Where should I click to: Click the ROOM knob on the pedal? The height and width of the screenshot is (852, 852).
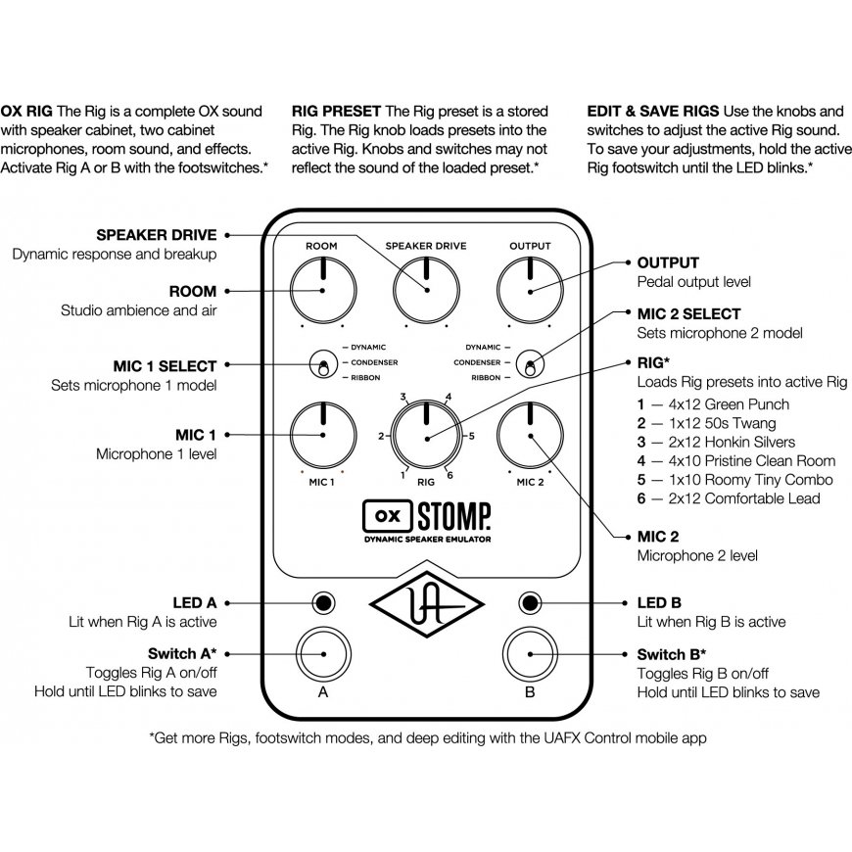click(322, 290)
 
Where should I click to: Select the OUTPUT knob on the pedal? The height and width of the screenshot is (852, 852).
click(530, 290)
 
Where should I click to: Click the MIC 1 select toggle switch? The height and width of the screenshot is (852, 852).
click(321, 363)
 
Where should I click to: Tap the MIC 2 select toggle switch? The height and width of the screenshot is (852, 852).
click(530, 363)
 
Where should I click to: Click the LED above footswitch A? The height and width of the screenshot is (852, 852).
click(322, 601)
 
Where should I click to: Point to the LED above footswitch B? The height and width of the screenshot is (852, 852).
click(530, 601)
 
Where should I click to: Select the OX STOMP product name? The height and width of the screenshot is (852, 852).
click(426, 513)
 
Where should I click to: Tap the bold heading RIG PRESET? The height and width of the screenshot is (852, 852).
click(338, 111)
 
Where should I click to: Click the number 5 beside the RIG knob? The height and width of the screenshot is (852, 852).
click(471, 436)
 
